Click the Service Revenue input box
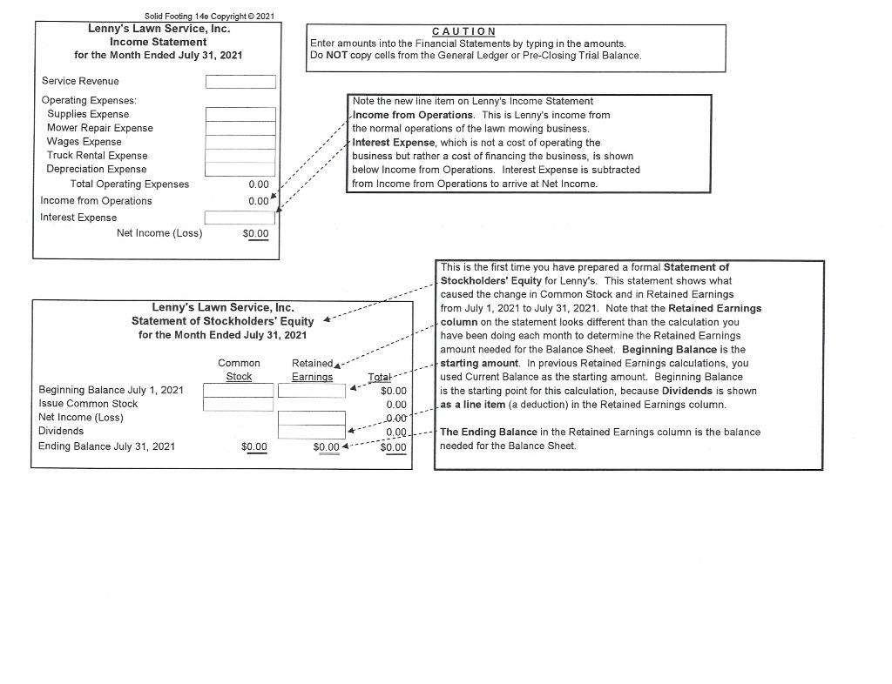(240, 82)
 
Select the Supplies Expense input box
(240, 114)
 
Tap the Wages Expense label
(84, 142)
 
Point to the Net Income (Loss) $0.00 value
(255, 233)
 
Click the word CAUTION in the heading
(463, 31)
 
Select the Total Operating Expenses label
(130, 184)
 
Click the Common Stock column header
(239, 370)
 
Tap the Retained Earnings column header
(312, 370)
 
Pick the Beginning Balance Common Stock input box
(238, 391)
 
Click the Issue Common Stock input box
(238, 404)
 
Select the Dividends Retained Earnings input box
(312, 432)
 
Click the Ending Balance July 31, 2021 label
(106, 446)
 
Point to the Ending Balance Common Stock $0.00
(254, 446)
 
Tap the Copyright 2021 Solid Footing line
(209, 17)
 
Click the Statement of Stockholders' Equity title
(222, 321)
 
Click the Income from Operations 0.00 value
(258, 201)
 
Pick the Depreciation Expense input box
(240, 170)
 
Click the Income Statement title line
(159, 42)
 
